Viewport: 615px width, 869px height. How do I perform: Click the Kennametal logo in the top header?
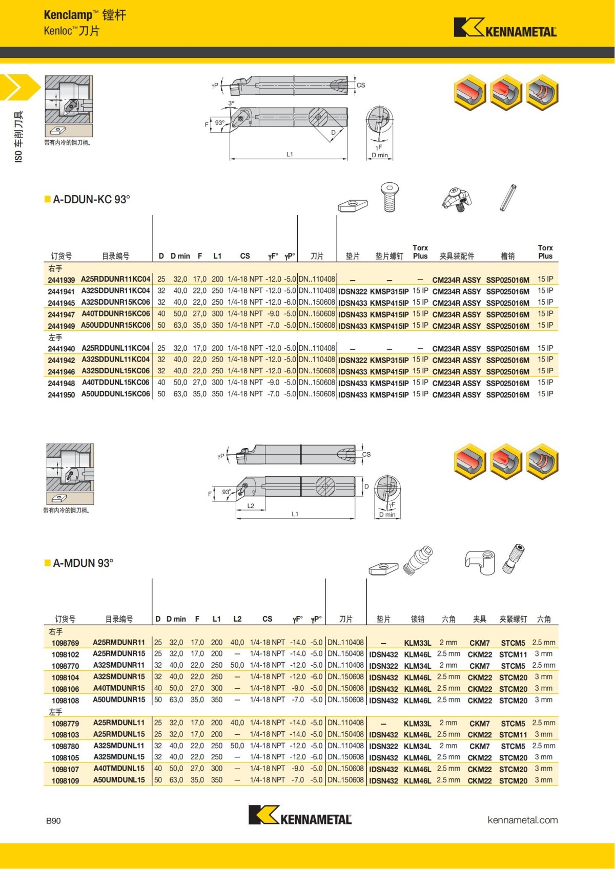tap(505, 28)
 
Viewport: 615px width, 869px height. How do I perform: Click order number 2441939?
tap(61, 280)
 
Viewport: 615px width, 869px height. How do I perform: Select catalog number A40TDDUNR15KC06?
tap(116, 314)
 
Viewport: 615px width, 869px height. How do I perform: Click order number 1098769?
tap(65, 643)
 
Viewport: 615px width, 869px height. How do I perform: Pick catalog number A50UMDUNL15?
tap(119, 780)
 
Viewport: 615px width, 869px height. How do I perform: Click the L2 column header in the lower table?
tap(237, 619)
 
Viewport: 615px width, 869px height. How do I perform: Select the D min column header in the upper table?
tap(180, 256)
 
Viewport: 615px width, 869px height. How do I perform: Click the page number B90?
tap(53, 821)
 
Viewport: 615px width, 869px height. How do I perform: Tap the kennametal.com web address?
tap(522, 820)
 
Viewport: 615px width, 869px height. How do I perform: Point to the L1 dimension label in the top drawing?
tap(290, 154)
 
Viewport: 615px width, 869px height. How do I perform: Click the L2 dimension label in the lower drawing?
tap(251, 506)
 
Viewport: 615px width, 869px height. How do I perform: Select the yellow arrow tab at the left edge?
tap(18, 87)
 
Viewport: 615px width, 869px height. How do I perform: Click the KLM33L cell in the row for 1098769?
tap(417, 643)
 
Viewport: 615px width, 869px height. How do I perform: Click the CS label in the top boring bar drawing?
tap(361, 85)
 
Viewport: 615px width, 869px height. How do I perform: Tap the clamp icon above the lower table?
tap(480, 562)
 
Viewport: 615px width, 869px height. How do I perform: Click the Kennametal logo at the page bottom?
tap(300, 815)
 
